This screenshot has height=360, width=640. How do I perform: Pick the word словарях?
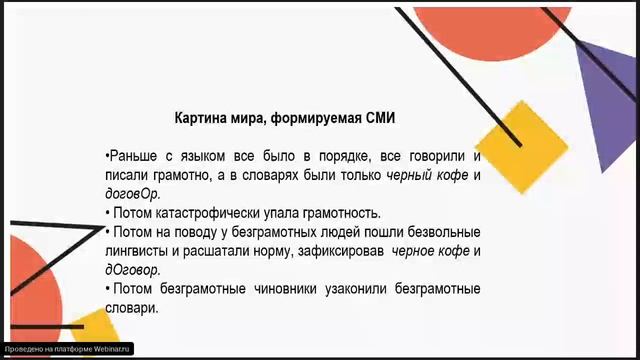pyautogui.click(x=280, y=176)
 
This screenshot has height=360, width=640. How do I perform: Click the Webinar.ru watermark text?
pyautogui.click(x=67, y=350)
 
